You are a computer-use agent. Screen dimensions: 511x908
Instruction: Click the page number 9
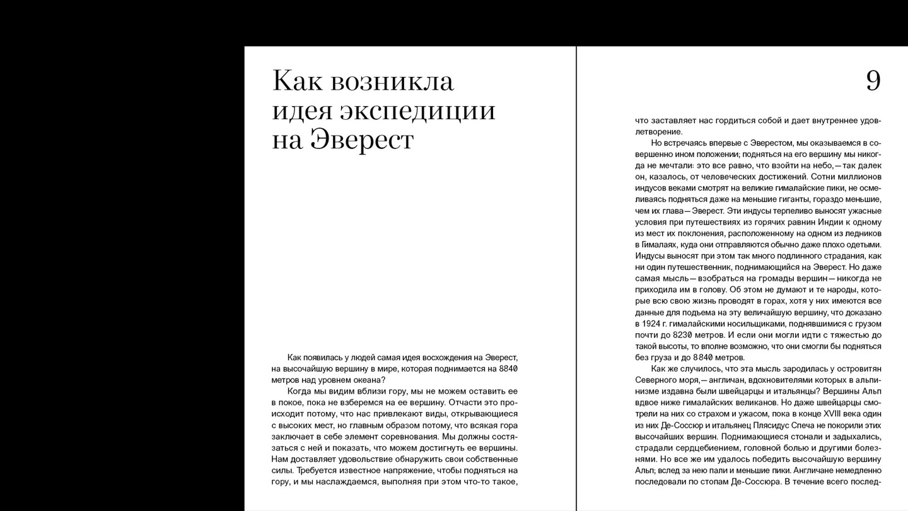click(x=873, y=81)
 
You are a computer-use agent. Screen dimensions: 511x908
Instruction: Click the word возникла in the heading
click(x=392, y=81)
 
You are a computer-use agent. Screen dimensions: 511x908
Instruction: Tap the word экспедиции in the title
click(x=417, y=110)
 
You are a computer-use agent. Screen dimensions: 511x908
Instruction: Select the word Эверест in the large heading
click(x=362, y=139)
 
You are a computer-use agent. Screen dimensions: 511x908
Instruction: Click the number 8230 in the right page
click(x=686, y=335)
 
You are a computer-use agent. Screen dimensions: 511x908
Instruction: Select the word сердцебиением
click(x=697, y=448)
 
